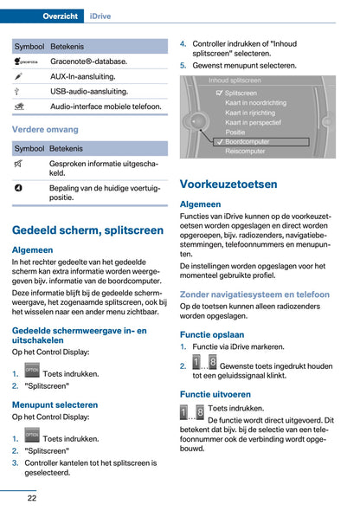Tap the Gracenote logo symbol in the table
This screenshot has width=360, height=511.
pos(26,61)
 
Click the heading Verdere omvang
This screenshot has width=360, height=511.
pos(45,129)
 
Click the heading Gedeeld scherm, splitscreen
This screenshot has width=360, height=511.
pos(87,230)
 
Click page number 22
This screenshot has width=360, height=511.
pos(31,498)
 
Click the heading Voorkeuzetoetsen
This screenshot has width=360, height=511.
pos(228,184)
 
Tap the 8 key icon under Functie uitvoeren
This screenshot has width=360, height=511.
pos(200,412)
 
